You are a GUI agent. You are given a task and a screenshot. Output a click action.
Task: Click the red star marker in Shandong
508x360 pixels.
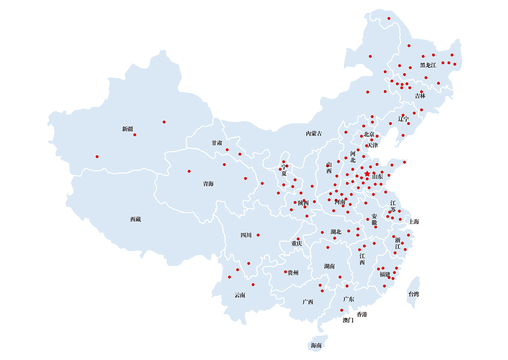[367, 174]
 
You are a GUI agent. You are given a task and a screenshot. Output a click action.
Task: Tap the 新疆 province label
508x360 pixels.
[127, 129]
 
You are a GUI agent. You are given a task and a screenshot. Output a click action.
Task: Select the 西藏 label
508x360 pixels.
[135, 219]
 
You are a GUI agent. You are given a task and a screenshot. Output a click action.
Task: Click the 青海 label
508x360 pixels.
[208, 184]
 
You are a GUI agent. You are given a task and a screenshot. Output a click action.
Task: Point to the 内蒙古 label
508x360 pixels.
[314, 133]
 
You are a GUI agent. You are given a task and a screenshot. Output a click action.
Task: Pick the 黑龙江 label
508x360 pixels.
[428, 65]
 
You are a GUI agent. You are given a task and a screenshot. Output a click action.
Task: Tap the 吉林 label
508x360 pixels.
[420, 96]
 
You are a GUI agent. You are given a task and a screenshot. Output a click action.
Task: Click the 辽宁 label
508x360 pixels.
[403, 119]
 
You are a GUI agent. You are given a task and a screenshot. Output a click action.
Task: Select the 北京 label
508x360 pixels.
[369, 134]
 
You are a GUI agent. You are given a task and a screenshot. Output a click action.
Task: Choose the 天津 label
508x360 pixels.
[372, 145]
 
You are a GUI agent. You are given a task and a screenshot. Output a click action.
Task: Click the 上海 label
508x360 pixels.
[414, 222]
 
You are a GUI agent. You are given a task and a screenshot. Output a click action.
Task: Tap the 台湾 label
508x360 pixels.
[414, 294]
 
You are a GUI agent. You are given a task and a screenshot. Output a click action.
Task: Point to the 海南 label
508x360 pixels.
[316, 346]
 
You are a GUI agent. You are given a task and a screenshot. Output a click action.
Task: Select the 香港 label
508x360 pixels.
[362, 314]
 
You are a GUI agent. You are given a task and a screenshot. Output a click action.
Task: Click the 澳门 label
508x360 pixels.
[348, 321]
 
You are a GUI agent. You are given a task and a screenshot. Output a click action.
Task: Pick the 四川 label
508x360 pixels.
[246, 235]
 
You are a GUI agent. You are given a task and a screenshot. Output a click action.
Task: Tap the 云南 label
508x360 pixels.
[240, 295]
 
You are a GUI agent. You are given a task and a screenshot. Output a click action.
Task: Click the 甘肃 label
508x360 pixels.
[217, 143]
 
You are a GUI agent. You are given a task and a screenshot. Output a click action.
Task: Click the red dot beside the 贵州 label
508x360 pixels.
[285, 272]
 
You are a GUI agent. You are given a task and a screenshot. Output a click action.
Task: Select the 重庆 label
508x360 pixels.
[297, 244]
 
